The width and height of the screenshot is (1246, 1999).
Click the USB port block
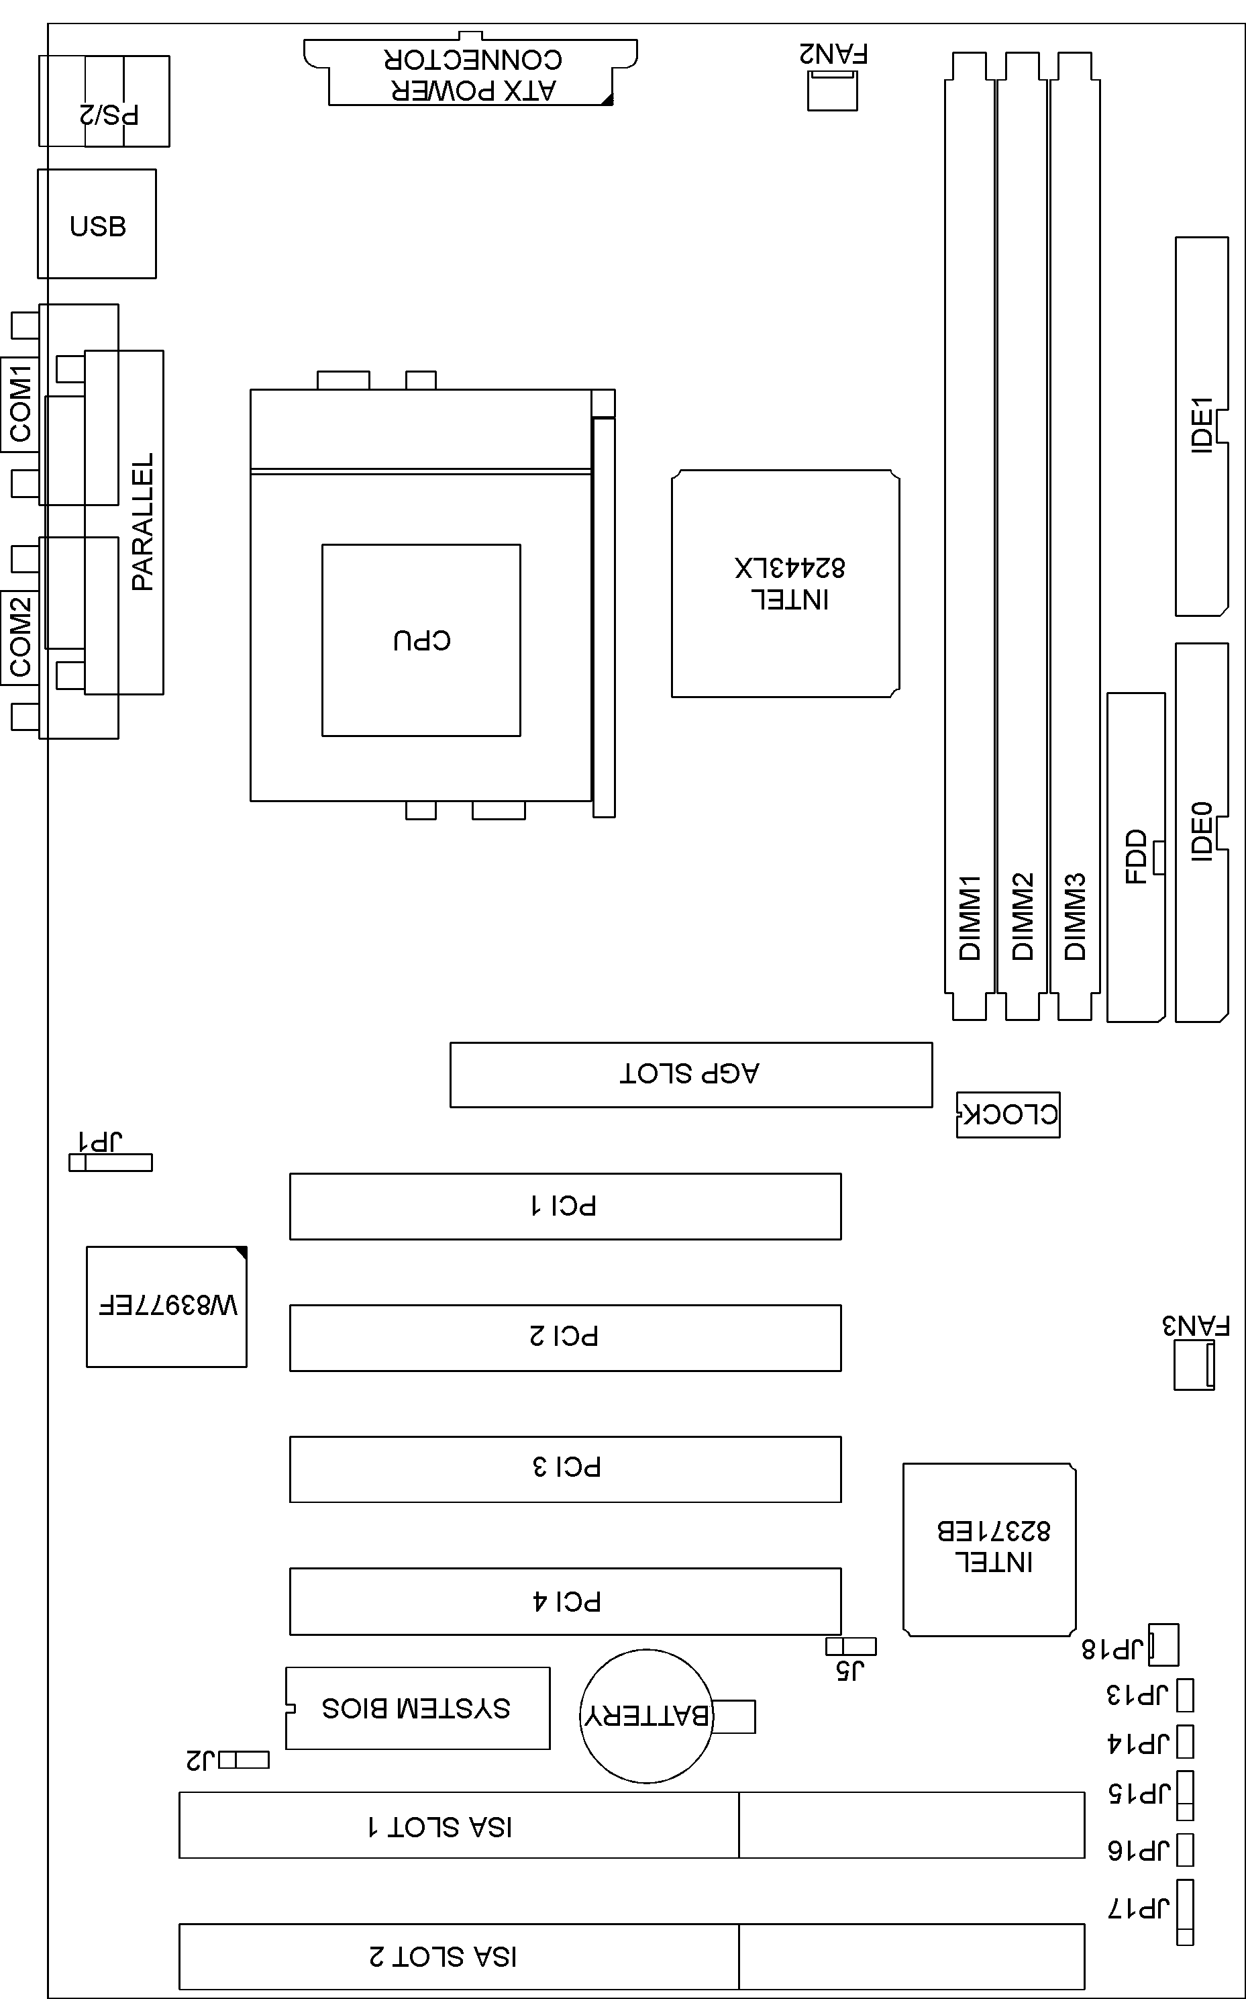pos(97,224)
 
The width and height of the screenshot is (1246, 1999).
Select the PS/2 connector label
pos(109,113)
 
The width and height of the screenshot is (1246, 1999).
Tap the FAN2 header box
pos(831,90)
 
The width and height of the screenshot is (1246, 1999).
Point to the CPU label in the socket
pos(422,640)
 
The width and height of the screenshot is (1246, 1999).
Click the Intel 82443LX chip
pos(785,583)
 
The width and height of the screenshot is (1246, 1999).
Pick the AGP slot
pos(690,1074)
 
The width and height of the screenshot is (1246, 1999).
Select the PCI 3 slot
pos(566,1469)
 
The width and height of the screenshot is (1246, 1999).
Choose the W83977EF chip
pos(166,1306)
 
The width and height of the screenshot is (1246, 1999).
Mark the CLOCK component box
pos(1008,1114)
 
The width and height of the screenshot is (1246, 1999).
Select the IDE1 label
pos(1202,424)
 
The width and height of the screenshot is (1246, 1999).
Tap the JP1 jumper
pos(111,1163)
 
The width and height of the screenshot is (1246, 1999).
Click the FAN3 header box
pos(1193,1366)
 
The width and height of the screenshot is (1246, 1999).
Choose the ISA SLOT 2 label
pos(444,1956)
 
